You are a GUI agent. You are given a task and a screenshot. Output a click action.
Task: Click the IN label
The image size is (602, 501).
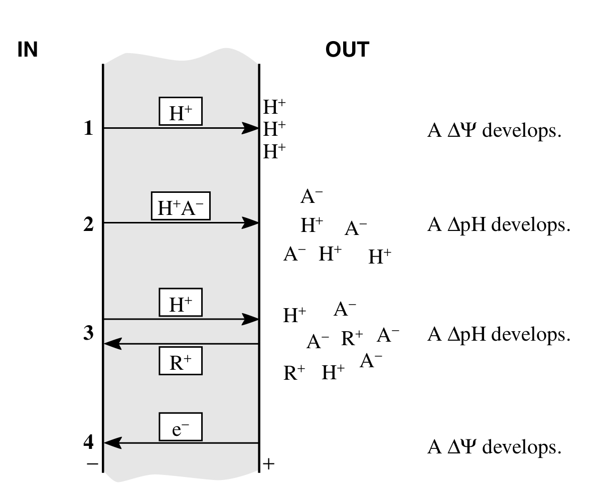[28, 50]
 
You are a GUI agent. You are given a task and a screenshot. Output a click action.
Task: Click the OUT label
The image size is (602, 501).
[347, 50]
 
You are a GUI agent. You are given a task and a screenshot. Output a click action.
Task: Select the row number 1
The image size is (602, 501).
[88, 129]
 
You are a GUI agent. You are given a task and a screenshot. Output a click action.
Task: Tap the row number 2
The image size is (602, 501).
[88, 224]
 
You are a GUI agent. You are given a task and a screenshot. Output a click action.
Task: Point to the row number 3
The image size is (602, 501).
[88, 333]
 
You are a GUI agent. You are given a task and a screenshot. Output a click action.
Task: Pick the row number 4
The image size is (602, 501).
[88, 443]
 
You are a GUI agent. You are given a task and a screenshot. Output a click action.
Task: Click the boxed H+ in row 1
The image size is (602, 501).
[181, 111]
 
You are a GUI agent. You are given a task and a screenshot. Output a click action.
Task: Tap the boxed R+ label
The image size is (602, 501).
[181, 361]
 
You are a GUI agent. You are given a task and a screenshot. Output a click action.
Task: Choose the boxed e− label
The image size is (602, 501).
[181, 427]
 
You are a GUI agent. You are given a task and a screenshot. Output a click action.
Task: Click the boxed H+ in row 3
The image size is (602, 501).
[181, 302]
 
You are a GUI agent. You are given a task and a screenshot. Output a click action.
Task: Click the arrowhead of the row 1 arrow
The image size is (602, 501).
[251, 128]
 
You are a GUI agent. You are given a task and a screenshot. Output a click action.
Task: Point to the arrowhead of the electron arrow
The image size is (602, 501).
[111, 443]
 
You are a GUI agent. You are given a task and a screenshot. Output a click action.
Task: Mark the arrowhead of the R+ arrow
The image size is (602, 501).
[111, 344]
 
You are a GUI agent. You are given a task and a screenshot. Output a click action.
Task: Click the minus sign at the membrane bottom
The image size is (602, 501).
[92, 464]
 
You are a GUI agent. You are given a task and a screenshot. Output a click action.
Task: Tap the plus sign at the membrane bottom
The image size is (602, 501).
[269, 464]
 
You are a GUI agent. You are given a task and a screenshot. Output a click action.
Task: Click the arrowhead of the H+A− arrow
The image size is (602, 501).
[251, 223]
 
